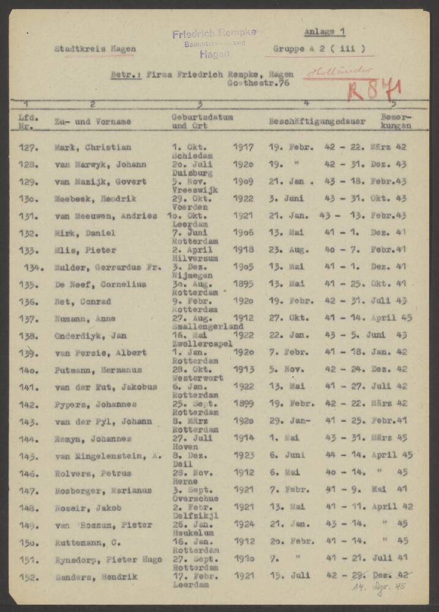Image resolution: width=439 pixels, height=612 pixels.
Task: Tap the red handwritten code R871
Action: (374, 90)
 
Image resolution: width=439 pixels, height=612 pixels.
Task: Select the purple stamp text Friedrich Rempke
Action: (214, 33)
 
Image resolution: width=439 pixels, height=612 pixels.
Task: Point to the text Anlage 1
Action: (325, 32)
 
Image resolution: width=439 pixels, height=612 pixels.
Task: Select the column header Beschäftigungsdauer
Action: (317, 122)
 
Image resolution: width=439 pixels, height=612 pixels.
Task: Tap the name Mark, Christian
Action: (92, 147)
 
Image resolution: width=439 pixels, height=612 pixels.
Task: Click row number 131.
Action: (29, 216)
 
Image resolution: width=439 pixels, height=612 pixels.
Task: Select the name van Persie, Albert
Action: (99, 353)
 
